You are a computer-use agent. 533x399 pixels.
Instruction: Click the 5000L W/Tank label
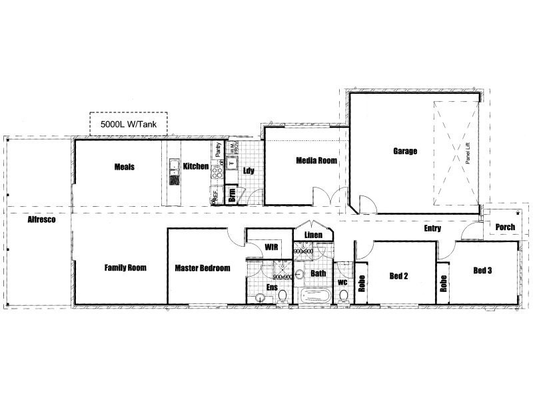(129, 124)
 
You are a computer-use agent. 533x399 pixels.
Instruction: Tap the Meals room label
(125, 167)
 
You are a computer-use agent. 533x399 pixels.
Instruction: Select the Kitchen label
(197, 166)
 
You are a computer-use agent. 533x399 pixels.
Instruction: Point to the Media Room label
(316, 161)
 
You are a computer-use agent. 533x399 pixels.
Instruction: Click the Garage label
(404, 152)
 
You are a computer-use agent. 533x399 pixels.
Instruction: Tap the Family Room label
(125, 268)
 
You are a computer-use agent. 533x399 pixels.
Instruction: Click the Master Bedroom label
(203, 268)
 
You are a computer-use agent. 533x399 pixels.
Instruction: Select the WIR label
(271, 247)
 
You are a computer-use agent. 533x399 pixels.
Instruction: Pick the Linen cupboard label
(313, 235)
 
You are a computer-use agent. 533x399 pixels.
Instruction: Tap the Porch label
(506, 227)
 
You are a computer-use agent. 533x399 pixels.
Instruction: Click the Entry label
(433, 229)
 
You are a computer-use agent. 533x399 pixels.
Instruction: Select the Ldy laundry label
(249, 170)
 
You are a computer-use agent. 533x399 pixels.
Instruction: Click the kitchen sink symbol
(175, 164)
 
